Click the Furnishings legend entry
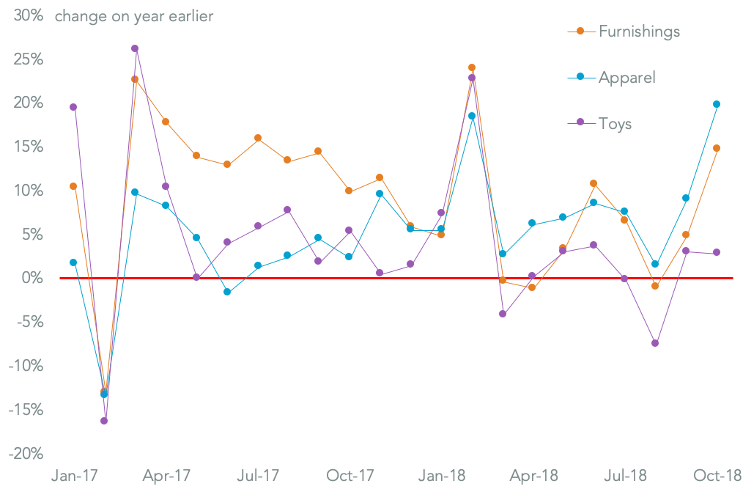[x=638, y=32]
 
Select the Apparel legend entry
[x=626, y=77]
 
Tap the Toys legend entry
[x=615, y=123]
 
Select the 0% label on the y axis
[x=31, y=278]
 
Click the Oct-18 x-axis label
[x=716, y=475]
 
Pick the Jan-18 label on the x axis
[x=441, y=475]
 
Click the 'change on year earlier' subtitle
[x=134, y=15]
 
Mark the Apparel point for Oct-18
[x=717, y=104]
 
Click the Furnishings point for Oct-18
[x=717, y=148]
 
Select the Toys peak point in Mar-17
[x=135, y=48]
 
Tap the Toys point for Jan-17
[x=73, y=107]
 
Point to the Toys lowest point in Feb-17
[x=104, y=421]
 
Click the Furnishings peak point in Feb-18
[x=472, y=67]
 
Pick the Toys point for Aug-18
[x=655, y=343]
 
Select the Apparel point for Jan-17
[x=73, y=262]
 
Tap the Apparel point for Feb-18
[x=472, y=116]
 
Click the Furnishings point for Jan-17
[x=73, y=186]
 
